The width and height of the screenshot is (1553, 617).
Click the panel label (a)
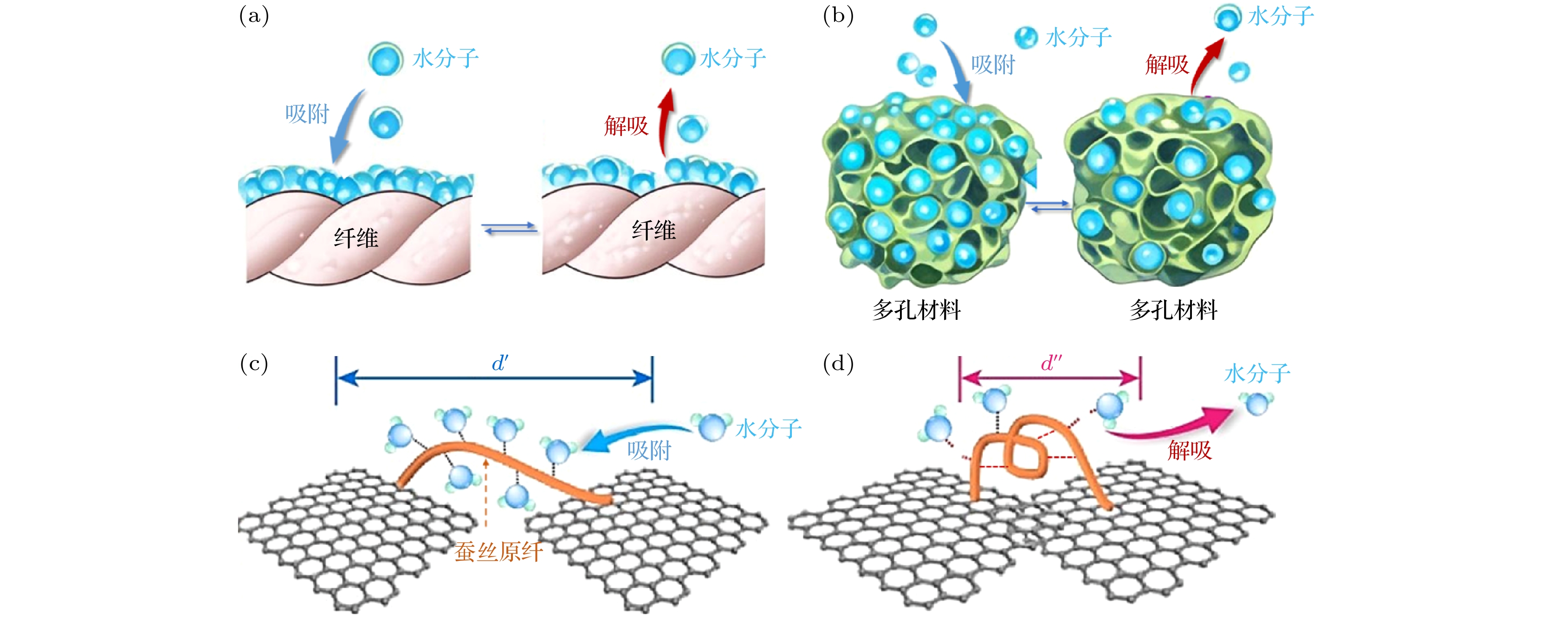[254, 16]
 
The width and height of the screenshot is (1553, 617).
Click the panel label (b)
[838, 16]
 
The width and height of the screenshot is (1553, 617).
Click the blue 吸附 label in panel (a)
[307, 113]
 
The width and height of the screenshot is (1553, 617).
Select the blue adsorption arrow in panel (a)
[345, 127]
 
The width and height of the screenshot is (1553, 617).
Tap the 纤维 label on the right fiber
[654, 230]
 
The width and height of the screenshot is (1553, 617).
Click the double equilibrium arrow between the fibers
[509, 228]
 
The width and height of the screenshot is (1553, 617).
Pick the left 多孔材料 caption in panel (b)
[916, 310]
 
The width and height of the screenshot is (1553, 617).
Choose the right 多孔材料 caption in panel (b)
[1173, 310]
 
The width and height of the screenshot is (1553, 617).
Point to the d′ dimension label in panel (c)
[500, 363]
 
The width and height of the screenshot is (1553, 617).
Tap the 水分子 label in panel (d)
[1257, 373]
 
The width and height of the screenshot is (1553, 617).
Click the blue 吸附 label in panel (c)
[649, 450]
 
